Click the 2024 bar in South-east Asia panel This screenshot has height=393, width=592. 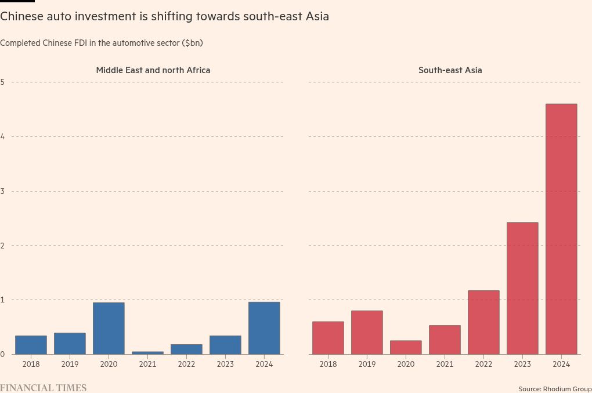561,229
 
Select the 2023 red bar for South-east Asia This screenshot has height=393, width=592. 522,289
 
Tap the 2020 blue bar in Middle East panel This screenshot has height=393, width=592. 109,329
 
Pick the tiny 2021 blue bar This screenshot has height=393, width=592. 147,352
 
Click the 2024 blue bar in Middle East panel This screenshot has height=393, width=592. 264,328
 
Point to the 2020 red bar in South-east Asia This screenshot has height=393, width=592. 406,347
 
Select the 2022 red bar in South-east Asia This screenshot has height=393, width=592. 483,322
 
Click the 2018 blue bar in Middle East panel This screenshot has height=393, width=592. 31,345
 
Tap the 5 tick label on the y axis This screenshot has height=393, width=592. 2,82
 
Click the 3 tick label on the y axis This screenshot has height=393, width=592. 2,191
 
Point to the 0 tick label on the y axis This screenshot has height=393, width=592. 2,354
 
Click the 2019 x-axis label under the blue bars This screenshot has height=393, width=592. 70,364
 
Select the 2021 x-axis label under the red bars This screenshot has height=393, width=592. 445,364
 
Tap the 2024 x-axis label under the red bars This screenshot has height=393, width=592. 561,364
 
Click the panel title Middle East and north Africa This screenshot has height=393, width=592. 153,70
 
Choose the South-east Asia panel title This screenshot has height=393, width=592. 450,70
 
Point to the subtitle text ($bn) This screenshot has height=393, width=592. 192,43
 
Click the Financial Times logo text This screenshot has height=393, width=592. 43,388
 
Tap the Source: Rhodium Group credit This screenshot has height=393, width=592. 555,388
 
